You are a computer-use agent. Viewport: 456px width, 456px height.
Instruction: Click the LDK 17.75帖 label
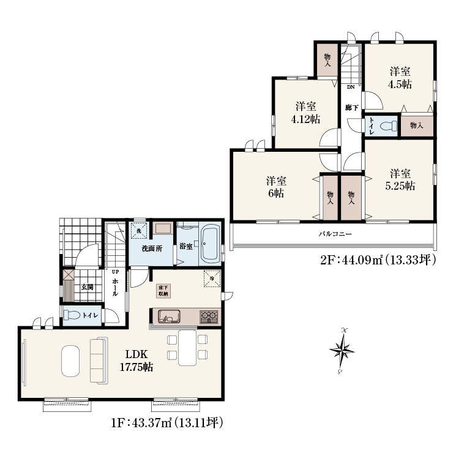[x=136, y=361]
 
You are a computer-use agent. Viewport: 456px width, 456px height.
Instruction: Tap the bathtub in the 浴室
[x=211, y=244]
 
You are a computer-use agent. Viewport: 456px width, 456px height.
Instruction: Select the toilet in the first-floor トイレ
[x=72, y=315]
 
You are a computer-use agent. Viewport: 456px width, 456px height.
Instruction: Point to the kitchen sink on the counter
[x=169, y=316]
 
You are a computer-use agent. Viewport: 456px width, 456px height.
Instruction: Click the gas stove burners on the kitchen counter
[x=209, y=316]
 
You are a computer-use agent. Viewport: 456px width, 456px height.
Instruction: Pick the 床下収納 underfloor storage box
[x=163, y=291]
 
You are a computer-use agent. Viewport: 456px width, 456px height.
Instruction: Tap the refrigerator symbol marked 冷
[x=212, y=278]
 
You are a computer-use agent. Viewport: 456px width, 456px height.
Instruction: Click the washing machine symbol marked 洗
[x=139, y=231]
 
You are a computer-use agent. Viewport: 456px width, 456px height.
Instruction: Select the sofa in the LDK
[x=99, y=361]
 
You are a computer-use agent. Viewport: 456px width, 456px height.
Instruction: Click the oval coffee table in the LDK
[x=70, y=361]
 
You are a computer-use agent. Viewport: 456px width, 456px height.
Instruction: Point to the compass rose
[x=342, y=350]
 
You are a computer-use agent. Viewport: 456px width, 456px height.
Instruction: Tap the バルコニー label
[x=335, y=234]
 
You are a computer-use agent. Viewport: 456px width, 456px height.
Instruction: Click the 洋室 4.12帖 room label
[x=305, y=113]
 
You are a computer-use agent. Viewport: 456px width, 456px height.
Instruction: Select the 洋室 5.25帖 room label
[x=400, y=180]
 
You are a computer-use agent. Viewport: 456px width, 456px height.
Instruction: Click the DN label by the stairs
[x=351, y=87]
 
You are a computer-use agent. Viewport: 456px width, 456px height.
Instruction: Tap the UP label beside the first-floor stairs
[x=116, y=272]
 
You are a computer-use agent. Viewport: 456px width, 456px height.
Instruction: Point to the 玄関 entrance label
[x=87, y=287]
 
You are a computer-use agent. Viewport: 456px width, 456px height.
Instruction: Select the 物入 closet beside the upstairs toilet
[x=417, y=126]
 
